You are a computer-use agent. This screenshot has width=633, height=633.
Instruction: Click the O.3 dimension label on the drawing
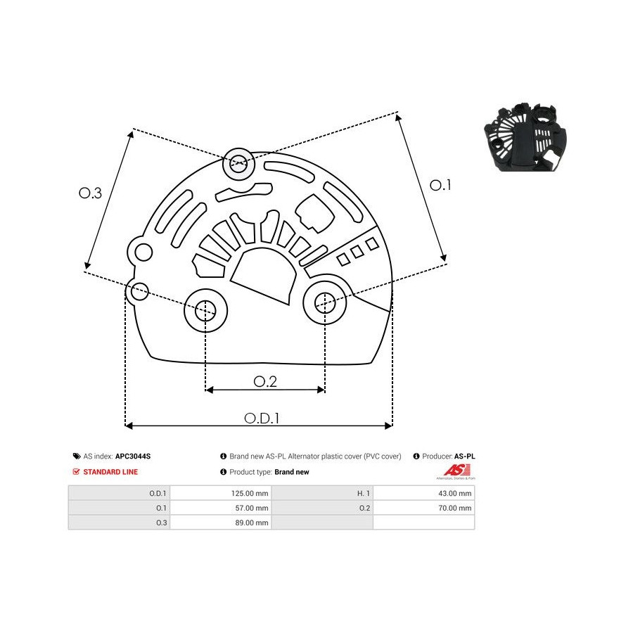[x=90, y=193]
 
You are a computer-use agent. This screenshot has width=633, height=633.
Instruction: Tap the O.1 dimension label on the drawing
[x=440, y=185]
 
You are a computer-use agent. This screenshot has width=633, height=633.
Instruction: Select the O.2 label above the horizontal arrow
[x=265, y=381]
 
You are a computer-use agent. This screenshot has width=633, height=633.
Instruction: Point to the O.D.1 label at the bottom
[x=262, y=418]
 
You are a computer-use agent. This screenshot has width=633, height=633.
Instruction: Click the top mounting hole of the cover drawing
[x=238, y=163]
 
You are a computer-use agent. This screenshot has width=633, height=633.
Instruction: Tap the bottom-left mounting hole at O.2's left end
[x=205, y=310]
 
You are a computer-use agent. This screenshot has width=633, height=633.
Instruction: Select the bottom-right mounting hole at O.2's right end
[x=324, y=302]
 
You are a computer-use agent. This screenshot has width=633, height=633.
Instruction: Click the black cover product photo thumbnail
[x=525, y=137]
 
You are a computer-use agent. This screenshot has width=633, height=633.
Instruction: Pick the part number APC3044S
[x=133, y=456]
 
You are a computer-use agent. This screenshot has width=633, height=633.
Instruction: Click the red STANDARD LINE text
[x=110, y=472]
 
